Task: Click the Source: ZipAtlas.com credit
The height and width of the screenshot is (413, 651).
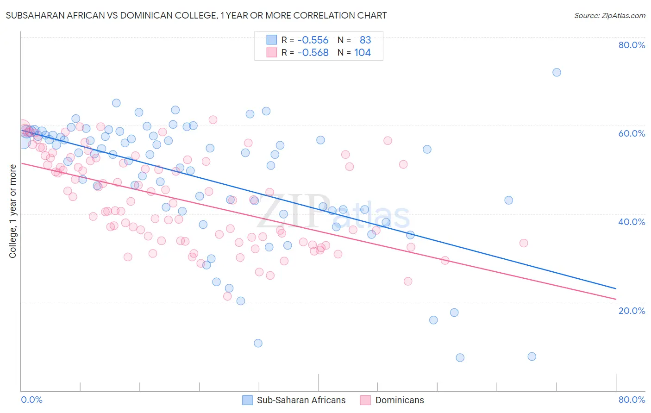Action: coord(609,15)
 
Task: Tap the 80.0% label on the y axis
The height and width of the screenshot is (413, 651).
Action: coord(632,45)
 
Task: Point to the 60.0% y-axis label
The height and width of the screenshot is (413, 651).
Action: coord(632,133)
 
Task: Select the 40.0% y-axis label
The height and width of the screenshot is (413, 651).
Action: coord(632,222)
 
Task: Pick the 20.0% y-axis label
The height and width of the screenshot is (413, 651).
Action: coord(632,311)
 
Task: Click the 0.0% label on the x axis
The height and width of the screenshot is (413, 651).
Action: coord(31,400)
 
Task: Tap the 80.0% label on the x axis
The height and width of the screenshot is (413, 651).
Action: coord(632,400)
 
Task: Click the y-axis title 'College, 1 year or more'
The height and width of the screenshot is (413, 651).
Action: coord(13,211)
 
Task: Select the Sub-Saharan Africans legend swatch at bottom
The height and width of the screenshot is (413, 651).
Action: coord(248,400)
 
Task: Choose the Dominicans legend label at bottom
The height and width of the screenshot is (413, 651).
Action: coord(400,400)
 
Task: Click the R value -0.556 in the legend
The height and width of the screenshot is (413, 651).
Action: coord(313,40)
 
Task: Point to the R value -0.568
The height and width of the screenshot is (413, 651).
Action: coord(313,53)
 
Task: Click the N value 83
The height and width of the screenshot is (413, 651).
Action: coord(365,40)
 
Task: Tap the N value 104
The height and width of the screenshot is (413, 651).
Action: coord(363,53)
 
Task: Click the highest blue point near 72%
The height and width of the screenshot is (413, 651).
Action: coord(557,72)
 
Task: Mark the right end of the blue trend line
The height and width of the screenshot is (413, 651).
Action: coord(616,288)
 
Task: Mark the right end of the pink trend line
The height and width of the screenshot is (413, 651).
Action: coord(616,300)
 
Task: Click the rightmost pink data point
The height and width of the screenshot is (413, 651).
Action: coord(524,243)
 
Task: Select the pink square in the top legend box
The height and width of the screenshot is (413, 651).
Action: coord(271,53)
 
